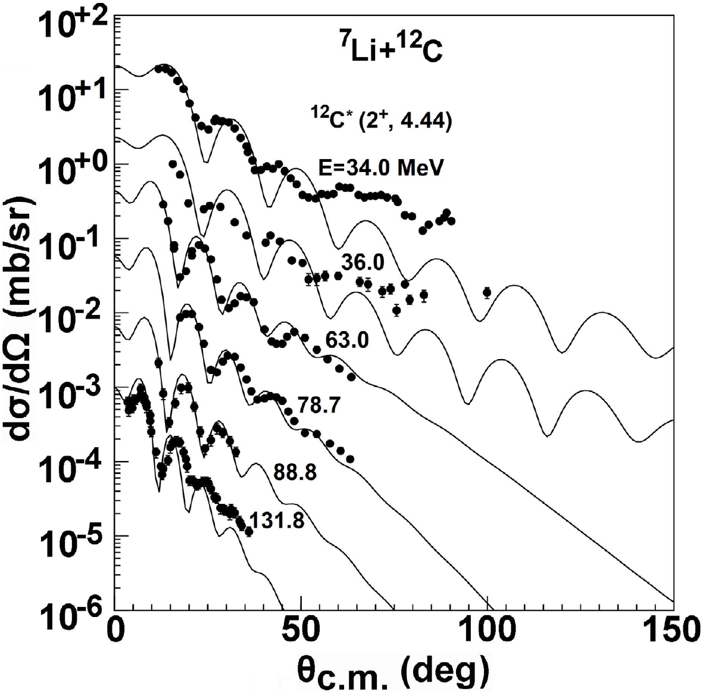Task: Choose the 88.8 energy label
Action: coord(295,472)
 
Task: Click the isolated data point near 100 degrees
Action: coord(487,292)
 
